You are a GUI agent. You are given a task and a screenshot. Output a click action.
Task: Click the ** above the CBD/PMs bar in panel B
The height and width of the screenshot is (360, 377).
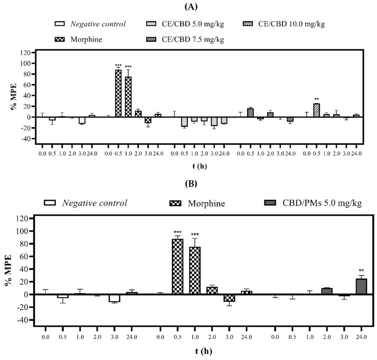click(x=361, y=270)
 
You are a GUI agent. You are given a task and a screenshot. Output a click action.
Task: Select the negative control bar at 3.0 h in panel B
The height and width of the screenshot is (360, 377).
click(x=114, y=298)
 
